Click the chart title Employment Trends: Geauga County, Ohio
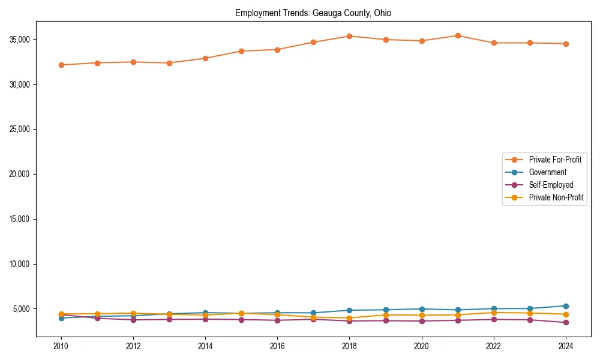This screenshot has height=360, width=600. [313, 13]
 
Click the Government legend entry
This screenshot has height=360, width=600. [547, 172]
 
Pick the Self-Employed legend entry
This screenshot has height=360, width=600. [551, 185]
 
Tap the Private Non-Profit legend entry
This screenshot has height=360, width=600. [556, 197]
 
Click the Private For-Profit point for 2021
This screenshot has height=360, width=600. [458, 35]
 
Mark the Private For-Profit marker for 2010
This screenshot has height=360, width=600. [61, 65]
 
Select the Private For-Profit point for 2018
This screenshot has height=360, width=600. [349, 36]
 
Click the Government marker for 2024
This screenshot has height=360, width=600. [566, 306]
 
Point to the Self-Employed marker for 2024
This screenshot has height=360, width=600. [566, 323]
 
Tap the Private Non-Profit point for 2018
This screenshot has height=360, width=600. [349, 318]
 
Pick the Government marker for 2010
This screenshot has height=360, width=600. [61, 318]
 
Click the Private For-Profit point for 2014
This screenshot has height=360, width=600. [205, 58]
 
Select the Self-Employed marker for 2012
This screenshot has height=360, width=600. [133, 320]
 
